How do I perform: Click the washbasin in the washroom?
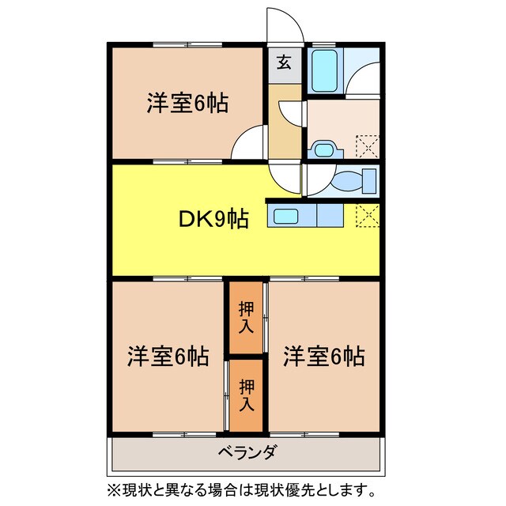(324, 148)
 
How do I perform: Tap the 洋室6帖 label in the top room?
(187, 104)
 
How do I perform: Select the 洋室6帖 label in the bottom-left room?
(168, 357)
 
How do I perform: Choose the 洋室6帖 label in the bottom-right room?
(324, 357)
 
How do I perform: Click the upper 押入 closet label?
(246, 317)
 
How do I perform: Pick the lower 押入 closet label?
(246, 395)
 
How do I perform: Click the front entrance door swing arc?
(285, 22)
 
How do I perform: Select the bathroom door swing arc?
(363, 79)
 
